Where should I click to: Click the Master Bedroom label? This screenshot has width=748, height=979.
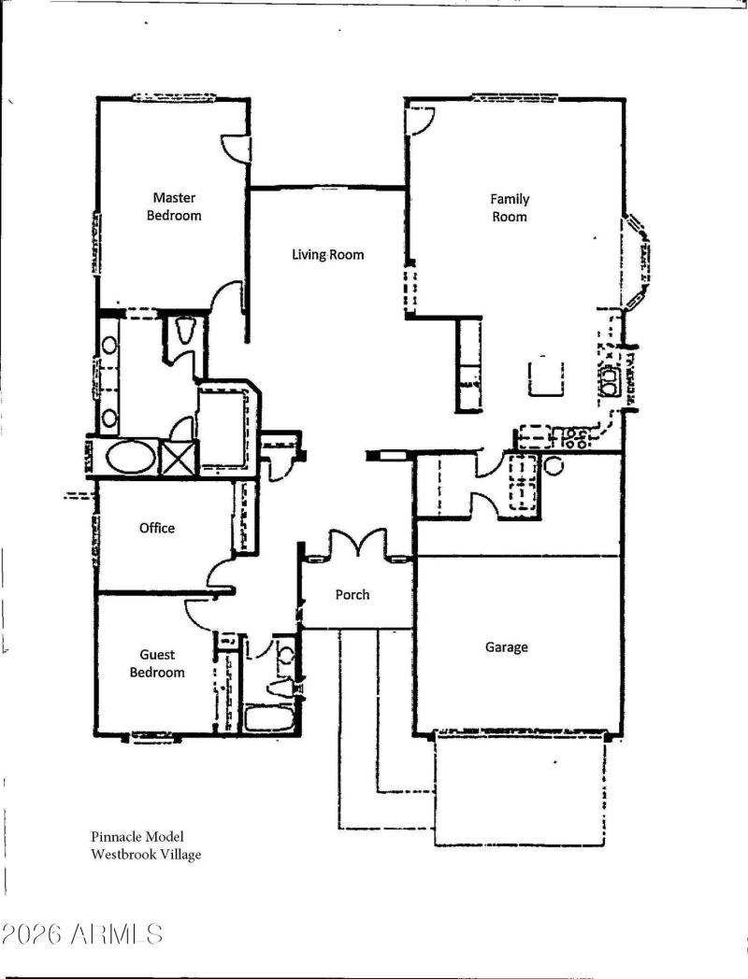tap(174, 206)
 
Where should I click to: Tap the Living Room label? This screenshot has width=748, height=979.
tap(327, 254)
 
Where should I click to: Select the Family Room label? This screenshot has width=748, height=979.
tap(510, 207)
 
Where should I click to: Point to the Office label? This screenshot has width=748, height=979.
tap(157, 528)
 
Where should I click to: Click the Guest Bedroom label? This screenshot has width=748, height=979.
tap(157, 663)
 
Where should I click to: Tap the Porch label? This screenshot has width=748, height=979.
tap(352, 594)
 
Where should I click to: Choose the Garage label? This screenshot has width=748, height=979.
tap(507, 646)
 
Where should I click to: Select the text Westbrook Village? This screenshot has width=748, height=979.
tap(145, 854)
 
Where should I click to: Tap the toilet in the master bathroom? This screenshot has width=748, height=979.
tap(183, 329)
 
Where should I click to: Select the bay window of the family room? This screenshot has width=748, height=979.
tap(638, 262)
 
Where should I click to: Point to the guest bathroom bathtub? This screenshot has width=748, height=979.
tap(269, 717)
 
